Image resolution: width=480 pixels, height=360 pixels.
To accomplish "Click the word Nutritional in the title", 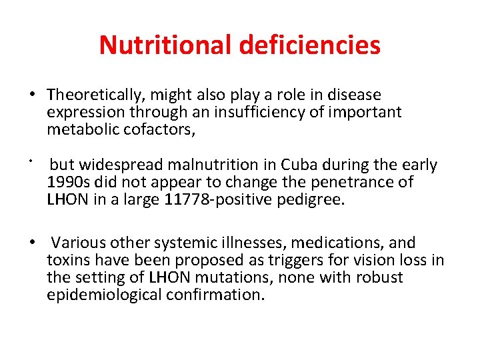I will pyautogui.click(x=163, y=45).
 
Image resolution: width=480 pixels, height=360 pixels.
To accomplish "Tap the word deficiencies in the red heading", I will pyautogui.click(x=308, y=45).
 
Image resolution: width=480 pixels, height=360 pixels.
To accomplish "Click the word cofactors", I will pyautogui.click(x=159, y=129).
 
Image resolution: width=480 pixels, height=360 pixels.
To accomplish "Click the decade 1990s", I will pyautogui.click(x=67, y=182).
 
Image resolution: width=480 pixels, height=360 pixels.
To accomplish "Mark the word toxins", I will pyautogui.click(x=67, y=260).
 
